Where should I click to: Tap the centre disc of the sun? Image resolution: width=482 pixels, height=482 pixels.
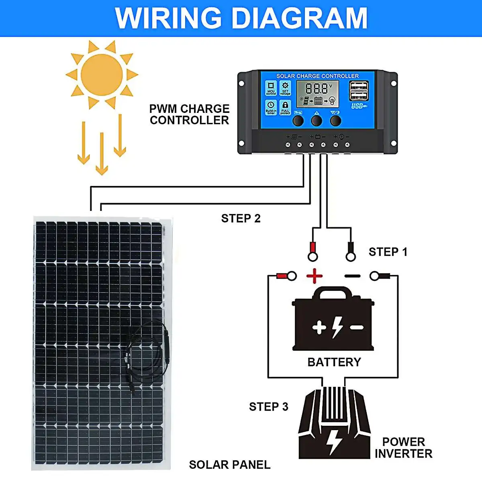(102, 75)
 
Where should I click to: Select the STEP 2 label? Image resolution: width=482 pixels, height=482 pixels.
(241, 219)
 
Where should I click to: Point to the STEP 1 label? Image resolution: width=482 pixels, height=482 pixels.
(388, 252)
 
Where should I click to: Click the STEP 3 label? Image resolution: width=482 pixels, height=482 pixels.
(268, 407)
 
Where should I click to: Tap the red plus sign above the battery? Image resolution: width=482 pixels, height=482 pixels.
(315, 276)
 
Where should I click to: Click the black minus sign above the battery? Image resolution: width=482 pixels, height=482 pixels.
(352, 276)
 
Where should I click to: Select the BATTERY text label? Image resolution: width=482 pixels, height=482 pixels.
(334, 362)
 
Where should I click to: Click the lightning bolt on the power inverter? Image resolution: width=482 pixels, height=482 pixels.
(333, 441)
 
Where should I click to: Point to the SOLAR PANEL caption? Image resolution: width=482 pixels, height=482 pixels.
(229, 465)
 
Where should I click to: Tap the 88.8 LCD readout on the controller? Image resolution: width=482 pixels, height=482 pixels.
(317, 88)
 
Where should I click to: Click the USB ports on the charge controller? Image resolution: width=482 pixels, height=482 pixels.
(359, 91)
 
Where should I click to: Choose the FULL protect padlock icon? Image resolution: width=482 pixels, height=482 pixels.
(285, 105)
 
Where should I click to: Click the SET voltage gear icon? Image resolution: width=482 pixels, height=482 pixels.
(285, 86)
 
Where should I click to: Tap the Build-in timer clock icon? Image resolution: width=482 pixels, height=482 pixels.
(271, 105)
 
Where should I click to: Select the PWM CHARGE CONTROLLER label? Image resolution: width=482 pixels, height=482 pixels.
(189, 114)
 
